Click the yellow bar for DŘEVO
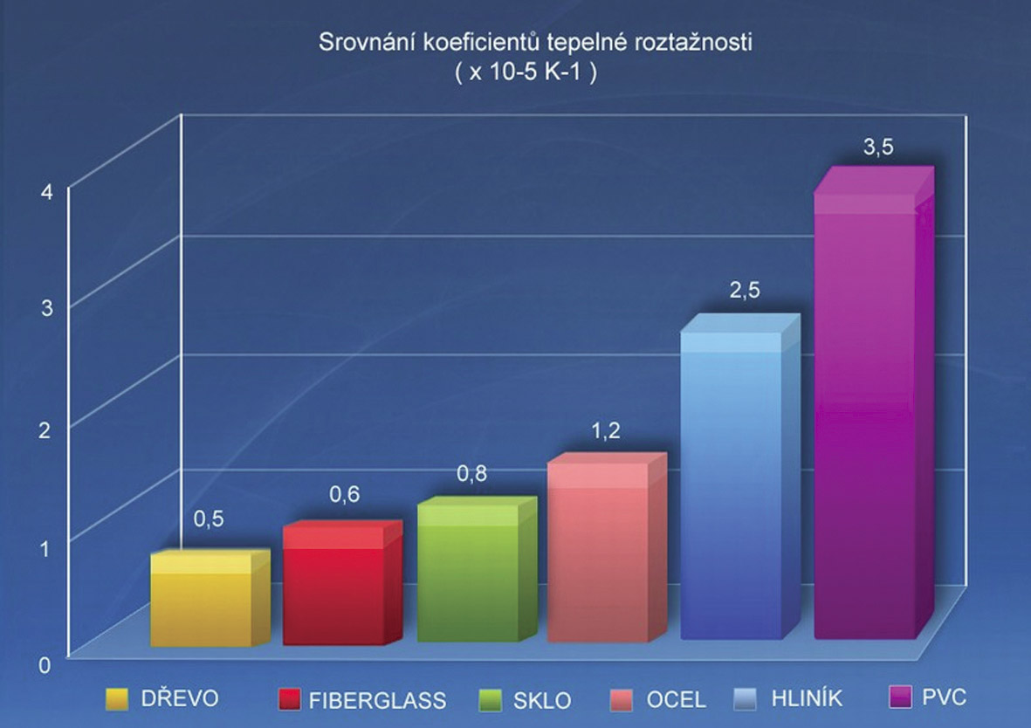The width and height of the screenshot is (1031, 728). (201, 602)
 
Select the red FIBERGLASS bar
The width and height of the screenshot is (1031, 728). (333, 589)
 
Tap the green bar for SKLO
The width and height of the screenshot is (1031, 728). (468, 576)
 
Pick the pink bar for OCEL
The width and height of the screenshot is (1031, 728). (598, 554)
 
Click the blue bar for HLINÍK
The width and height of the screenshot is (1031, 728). (731, 484)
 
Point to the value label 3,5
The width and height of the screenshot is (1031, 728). (878, 148)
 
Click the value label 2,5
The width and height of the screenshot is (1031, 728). (745, 292)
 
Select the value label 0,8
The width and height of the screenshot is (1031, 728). (472, 474)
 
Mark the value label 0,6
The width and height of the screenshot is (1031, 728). (344, 495)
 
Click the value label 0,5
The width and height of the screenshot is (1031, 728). (209, 519)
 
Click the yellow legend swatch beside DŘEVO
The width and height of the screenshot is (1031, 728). (117, 699)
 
